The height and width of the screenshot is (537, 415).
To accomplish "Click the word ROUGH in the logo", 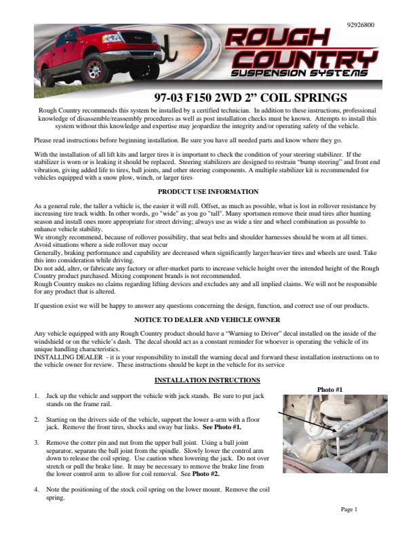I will click(x=278, y=39).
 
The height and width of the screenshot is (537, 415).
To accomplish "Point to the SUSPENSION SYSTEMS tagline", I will click(x=300, y=73).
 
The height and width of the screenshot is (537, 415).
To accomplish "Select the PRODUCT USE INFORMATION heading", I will click(x=207, y=192).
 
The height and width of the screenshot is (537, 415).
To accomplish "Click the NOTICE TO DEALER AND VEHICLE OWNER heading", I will click(x=207, y=319).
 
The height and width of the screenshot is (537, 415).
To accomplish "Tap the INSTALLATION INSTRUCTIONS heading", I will click(x=207, y=380).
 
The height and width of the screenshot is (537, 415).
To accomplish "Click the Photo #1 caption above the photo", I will click(x=330, y=390).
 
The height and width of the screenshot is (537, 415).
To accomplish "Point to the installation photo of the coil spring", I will click(x=334, y=434).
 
